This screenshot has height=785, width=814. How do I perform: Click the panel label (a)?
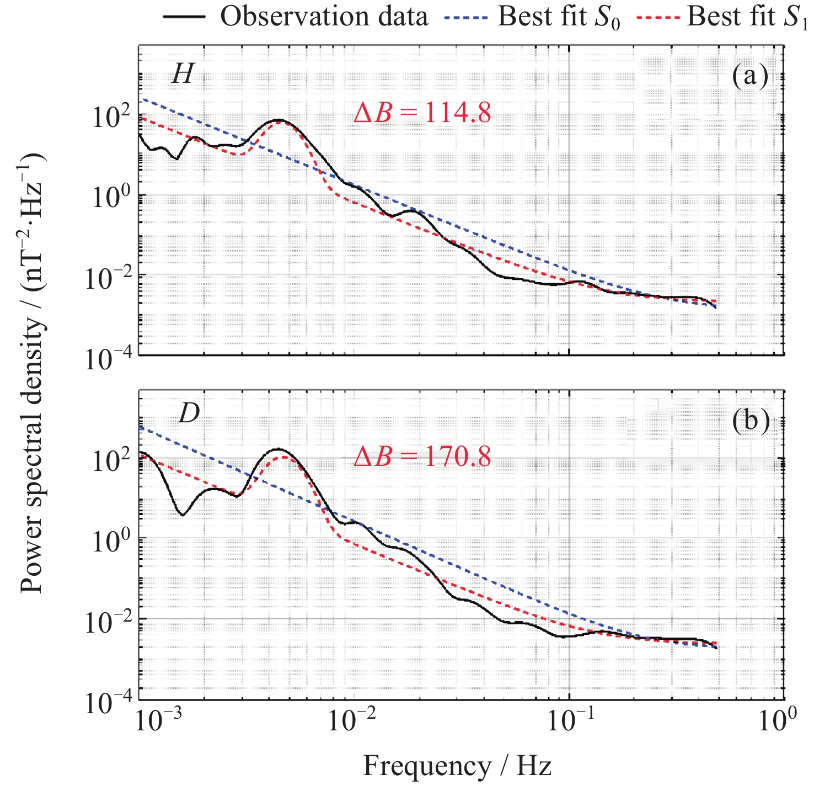750,76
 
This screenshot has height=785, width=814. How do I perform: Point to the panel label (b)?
750,421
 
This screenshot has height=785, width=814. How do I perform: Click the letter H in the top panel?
182,73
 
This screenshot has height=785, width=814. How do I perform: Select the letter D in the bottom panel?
189,413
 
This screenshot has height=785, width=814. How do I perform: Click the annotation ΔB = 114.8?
422,113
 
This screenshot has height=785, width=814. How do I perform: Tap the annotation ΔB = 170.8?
422,457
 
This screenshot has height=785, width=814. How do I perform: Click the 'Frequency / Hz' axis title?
457,766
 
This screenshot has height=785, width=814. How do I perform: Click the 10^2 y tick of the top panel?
110,117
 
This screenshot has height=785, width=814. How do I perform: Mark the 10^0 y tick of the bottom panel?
110,541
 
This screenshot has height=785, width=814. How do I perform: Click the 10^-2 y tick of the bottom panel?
108,623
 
